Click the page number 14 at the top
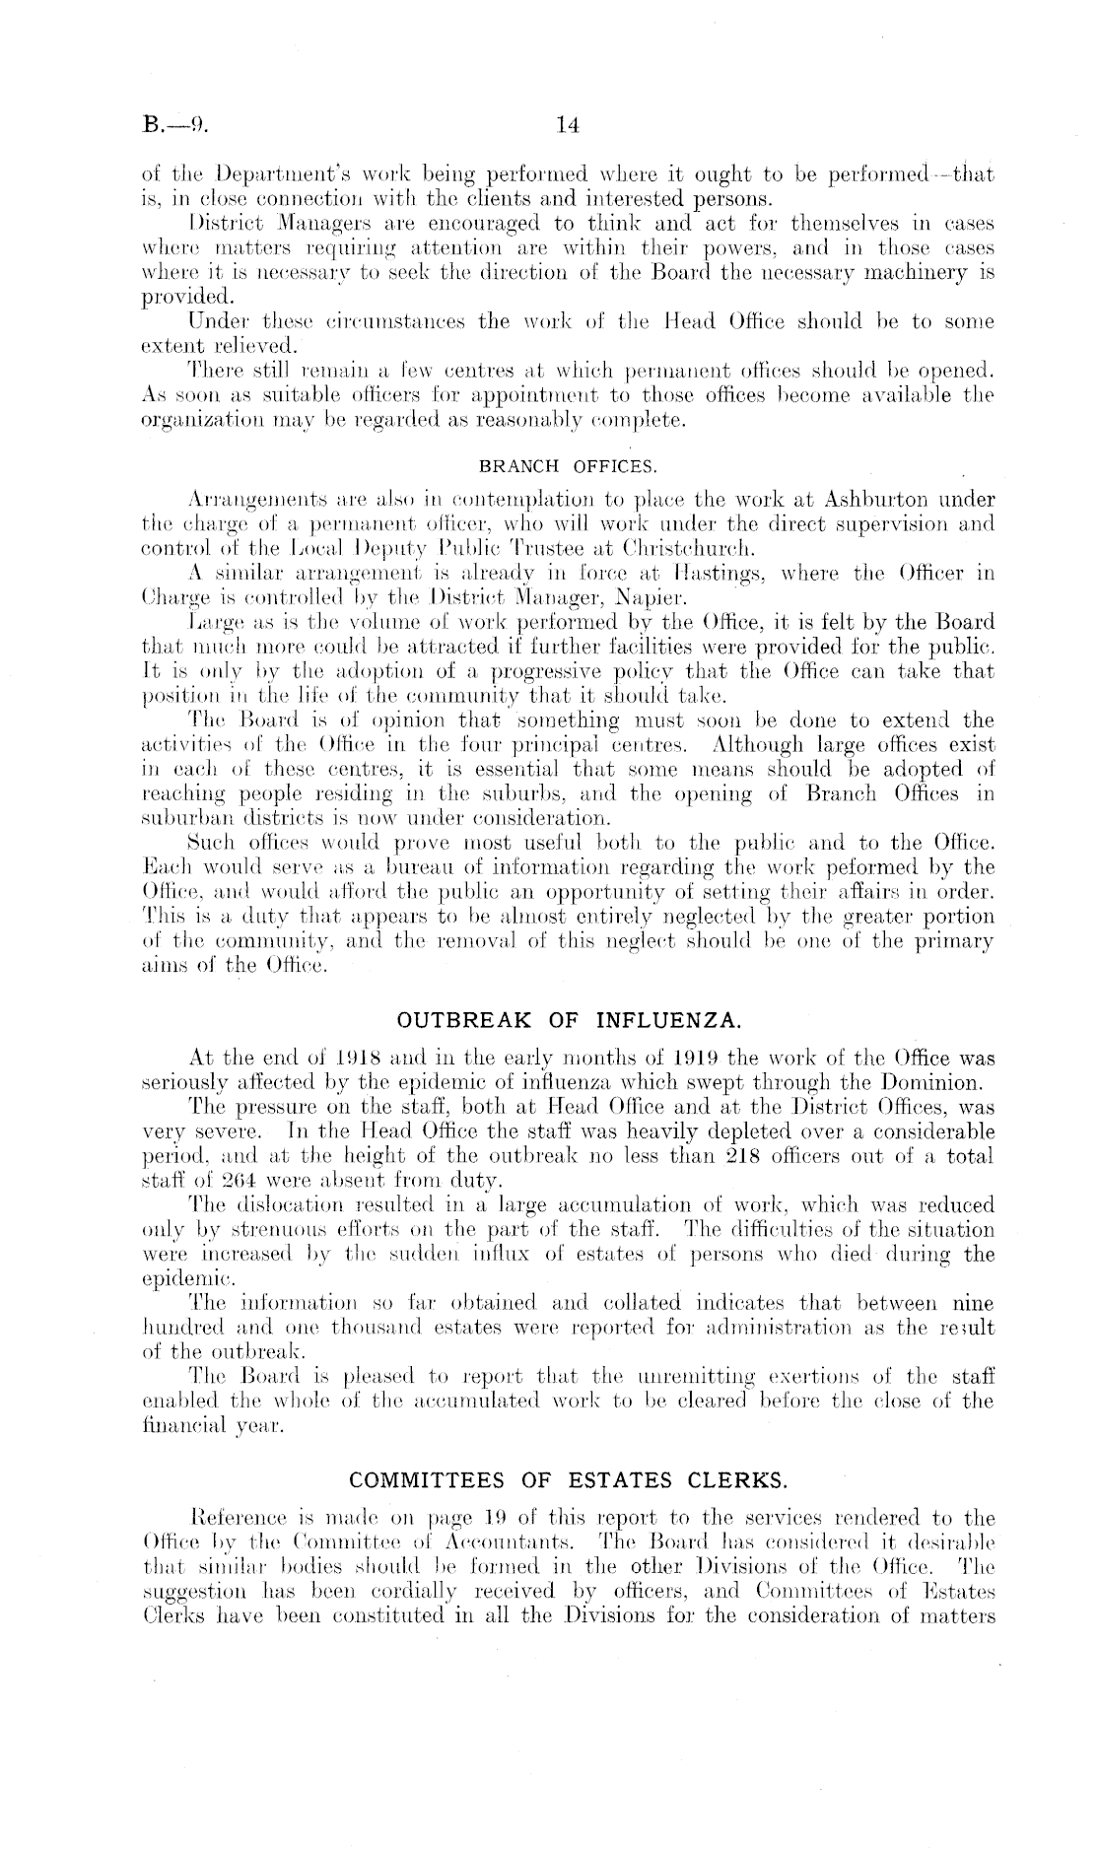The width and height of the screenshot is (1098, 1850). [567, 125]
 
